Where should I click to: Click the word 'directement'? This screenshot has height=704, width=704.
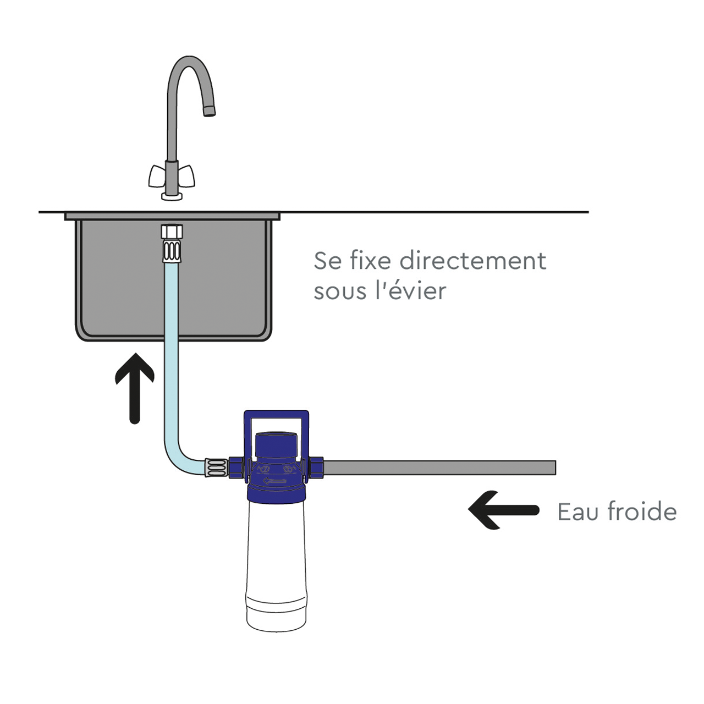click(473, 261)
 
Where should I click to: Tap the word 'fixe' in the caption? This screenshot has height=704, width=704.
click(370, 261)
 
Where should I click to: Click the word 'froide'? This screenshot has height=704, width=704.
click(642, 512)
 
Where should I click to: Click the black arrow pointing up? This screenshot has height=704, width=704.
click(135, 388)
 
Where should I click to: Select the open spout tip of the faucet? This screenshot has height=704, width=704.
click(209, 112)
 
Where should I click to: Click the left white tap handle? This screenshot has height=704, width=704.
click(157, 177)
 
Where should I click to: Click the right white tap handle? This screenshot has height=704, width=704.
click(186, 177)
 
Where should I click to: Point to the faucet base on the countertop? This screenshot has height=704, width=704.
click(172, 196)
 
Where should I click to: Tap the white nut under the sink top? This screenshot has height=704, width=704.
click(172, 231)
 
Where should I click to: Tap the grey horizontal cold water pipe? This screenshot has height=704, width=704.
click(440, 468)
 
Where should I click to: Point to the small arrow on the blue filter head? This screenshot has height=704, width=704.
click(274, 482)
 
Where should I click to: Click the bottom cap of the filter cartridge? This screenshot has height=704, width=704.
click(276, 613)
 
